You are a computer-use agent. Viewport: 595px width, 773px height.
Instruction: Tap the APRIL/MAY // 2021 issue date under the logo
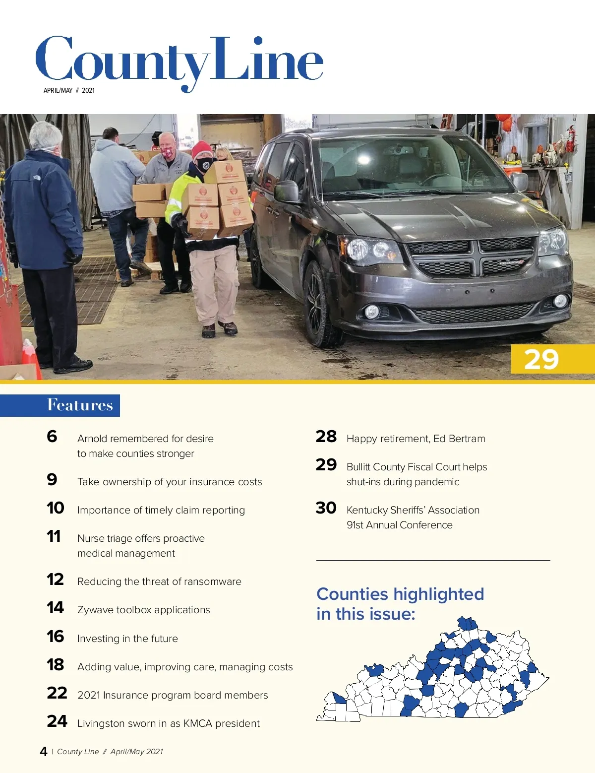[69, 90]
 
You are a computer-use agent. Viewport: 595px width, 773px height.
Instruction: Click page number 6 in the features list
[52, 437]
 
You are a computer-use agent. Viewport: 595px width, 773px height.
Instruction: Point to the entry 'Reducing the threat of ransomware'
[159, 581]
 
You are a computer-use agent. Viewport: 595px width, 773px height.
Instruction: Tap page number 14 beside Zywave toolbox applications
[56, 608]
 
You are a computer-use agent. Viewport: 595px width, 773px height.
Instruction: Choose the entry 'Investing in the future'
[127, 639]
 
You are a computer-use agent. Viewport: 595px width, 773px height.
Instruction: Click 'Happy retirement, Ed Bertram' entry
[416, 439]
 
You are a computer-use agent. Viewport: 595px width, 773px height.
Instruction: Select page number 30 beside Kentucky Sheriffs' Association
[326, 508]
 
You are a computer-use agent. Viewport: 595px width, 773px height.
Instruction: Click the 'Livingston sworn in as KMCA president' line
[168, 723]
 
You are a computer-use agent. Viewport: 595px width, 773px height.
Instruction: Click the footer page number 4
[44, 752]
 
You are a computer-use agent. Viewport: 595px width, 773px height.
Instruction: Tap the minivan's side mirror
[287, 192]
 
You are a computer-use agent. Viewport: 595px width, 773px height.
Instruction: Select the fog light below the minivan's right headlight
[372, 312]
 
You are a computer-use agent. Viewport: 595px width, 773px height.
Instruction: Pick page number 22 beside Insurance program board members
[57, 693]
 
